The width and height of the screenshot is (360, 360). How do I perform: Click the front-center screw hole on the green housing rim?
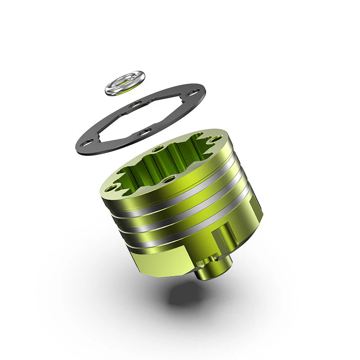click(169, 179)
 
